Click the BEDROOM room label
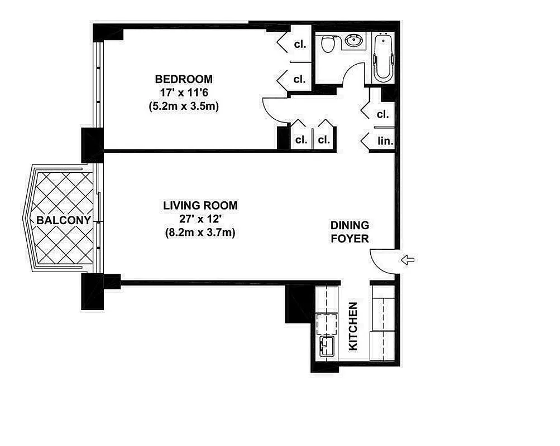coord(184,79)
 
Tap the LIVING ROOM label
coord(200,206)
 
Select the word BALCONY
coord(64,220)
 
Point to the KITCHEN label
coord(353,327)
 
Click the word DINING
coord(350,226)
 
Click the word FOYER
coord(350,239)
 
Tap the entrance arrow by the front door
coord(408,259)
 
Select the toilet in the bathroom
coord(328,43)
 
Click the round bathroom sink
coord(353,41)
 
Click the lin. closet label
coord(385,142)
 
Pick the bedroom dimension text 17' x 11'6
coord(184,93)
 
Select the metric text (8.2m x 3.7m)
coord(200,232)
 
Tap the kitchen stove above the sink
coord(326,323)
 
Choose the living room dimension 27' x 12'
coord(200,219)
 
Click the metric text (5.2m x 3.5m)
coord(184,106)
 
